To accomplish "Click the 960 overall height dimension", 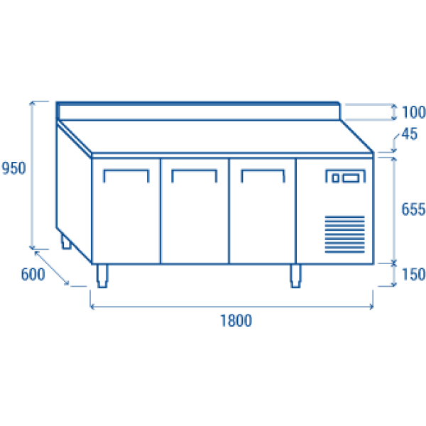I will [x=13, y=168].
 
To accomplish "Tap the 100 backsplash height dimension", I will [x=413, y=112].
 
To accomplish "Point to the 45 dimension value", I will [x=408, y=133].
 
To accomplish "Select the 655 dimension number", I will [x=413, y=209].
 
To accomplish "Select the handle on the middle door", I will [x=195, y=173].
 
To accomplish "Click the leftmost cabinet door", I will [x=126, y=213].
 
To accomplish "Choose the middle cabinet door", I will [x=195, y=213].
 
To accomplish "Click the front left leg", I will [x=104, y=276].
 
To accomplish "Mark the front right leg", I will [x=295, y=276].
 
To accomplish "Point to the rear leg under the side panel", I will [x=66, y=244].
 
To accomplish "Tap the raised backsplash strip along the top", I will [x=199, y=111].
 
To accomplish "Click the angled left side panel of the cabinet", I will [x=74, y=192].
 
